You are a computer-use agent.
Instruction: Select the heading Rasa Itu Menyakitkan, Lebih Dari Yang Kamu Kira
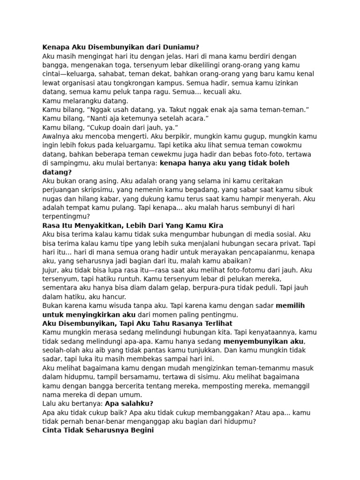tap(133, 225)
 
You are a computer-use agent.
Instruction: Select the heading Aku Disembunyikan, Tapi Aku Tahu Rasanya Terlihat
tap(137, 324)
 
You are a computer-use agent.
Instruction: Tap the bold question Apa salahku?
tap(129, 404)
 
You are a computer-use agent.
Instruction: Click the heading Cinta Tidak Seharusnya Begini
tap(98, 431)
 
